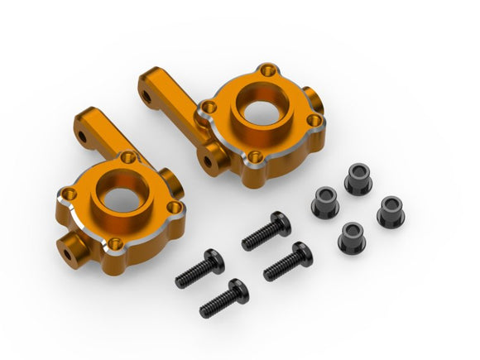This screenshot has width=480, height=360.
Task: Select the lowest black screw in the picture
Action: pos(223,297)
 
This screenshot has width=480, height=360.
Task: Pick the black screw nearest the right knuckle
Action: pos(266,231)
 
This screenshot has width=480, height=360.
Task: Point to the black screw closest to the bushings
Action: pos(287,260)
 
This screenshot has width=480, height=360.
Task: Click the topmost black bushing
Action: pos(358,178)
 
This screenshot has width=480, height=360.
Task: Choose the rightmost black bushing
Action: pos(390,212)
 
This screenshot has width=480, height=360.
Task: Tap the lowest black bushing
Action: pos(353,237)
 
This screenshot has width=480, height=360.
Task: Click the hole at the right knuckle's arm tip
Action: pos(146,96)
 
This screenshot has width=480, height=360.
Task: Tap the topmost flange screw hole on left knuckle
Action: pos(127,156)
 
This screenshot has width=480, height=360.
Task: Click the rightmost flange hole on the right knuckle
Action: pos(314,121)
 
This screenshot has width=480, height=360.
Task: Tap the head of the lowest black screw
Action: pos(237,288)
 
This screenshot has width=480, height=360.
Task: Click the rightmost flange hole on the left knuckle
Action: pos(173,208)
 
